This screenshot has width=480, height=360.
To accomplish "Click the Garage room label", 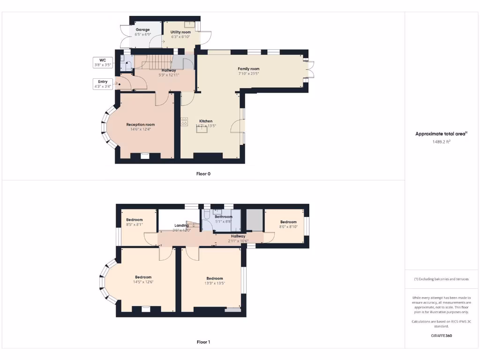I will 142,30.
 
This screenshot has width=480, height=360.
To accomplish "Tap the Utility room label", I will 180,32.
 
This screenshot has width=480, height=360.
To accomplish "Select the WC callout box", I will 103,62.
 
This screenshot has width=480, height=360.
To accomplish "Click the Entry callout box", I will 103,84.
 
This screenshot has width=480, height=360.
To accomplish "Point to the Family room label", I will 248,69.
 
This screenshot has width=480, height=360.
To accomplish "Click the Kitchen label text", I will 206,121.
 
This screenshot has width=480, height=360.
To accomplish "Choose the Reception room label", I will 140,125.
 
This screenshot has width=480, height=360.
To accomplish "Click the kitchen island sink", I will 202,130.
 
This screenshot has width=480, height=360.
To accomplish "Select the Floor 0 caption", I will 203,174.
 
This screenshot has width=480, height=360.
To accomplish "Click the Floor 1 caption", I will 203,342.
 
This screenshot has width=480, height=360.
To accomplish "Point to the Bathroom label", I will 224,217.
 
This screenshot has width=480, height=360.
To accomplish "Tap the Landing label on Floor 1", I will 181,225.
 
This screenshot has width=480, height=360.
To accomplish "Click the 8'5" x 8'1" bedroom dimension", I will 134,225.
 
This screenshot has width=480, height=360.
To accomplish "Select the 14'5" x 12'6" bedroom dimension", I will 143,282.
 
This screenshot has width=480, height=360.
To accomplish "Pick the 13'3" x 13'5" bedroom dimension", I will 214,283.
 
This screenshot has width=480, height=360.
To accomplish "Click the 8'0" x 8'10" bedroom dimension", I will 288,226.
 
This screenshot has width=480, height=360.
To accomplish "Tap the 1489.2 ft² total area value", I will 441,141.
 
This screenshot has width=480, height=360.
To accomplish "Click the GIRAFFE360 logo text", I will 441,336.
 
